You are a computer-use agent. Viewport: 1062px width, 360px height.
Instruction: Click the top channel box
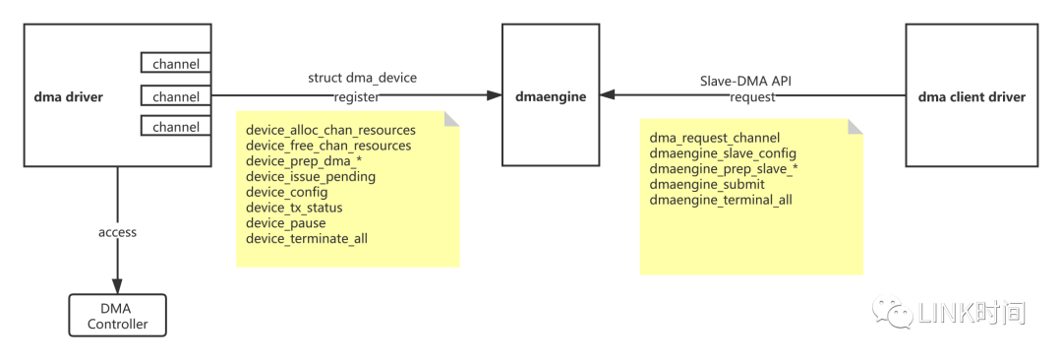click(x=176, y=64)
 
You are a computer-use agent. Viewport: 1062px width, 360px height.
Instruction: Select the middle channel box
click(x=176, y=96)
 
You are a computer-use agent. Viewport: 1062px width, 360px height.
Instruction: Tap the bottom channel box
click(x=176, y=127)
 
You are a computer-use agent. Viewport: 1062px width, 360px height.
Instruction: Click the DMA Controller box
click(x=116, y=316)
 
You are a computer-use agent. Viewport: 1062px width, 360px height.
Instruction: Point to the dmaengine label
click(x=550, y=96)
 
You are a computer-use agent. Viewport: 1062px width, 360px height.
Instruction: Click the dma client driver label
click(x=971, y=96)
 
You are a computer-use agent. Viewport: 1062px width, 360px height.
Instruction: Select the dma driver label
click(x=68, y=96)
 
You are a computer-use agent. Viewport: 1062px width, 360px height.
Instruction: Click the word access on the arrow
click(x=117, y=232)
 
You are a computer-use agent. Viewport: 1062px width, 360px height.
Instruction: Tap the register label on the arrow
click(x=356, y=96)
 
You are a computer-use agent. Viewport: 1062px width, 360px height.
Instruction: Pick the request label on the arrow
click(x=752, y=96)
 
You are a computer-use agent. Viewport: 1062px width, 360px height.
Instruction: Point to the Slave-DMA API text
click(x=745, y=79)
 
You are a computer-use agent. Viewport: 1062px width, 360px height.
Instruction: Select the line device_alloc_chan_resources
click(x=330, y=130)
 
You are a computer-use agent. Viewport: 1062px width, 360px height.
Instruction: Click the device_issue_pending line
click(x=310, y=177)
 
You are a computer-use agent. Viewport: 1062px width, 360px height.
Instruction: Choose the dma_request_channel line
click(x=715, y=138)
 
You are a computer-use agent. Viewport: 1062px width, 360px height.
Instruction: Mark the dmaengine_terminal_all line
click(x=720, y=201)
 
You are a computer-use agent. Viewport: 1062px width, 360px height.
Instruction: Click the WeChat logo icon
click(x=891, y=312)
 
